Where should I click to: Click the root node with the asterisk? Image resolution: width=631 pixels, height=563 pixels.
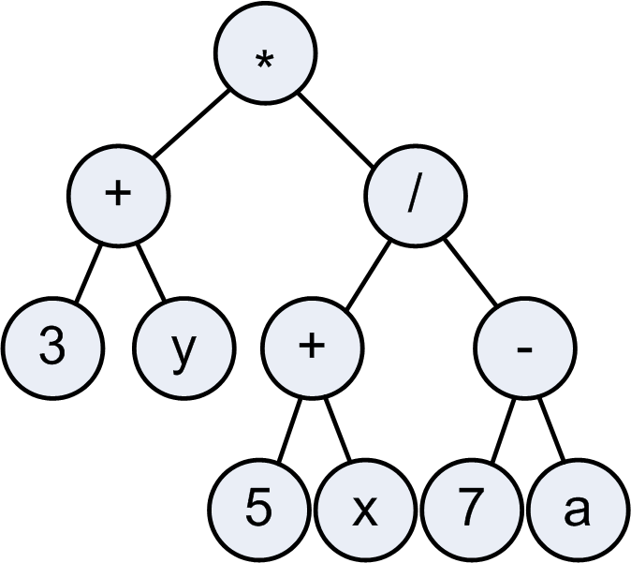click(265, 53)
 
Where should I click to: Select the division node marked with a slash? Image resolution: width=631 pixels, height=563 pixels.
click(416, 196)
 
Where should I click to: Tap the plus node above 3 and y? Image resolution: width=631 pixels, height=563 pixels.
click(119, 196)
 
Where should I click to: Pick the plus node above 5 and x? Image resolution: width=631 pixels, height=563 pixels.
click(313, 348)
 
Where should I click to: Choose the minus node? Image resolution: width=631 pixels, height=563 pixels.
click(525, 348)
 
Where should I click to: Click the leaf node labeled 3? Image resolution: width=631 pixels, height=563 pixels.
click(52, 348)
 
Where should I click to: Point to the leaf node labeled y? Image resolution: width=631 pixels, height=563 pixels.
click(184, 348)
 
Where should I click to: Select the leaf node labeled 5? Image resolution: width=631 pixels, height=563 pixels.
click(259, 510)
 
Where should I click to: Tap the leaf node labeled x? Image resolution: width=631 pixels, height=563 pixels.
click(364, 510)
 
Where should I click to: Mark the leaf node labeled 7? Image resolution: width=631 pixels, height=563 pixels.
click(472, 510)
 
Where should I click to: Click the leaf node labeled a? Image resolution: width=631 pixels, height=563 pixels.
click(578, 510)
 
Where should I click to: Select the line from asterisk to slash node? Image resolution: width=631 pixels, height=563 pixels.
click(336, 129)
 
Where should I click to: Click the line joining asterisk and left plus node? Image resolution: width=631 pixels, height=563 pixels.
click(191, 124)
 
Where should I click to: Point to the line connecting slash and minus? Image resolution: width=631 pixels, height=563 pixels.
click(470, 272)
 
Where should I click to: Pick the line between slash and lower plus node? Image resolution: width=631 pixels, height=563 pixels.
click(368, 275)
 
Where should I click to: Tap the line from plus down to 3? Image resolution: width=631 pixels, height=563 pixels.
click(89, 273)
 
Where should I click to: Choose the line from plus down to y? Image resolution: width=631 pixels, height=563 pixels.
click(151, 273)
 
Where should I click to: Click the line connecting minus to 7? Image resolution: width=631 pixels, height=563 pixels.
click(503, 429)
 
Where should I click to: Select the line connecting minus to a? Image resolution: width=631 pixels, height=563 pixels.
click(551, 428)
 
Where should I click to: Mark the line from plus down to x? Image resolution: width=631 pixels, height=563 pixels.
click(338, 429)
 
